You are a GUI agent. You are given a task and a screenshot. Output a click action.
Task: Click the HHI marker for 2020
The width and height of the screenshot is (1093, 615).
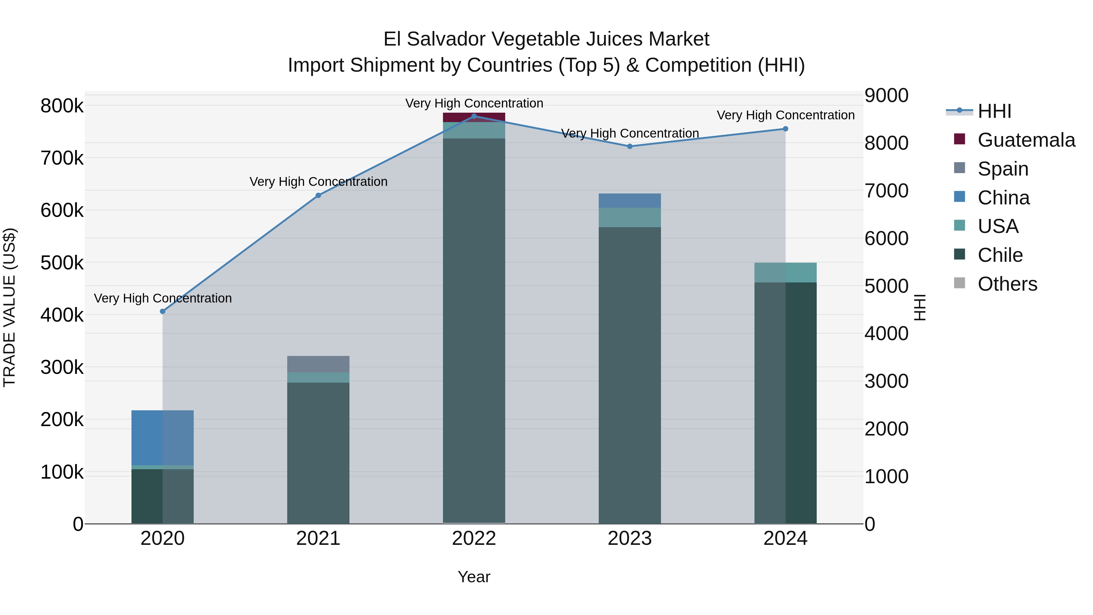[x=162, y=312]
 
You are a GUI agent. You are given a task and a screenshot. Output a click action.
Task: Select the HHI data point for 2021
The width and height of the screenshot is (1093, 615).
[x=318, y=195]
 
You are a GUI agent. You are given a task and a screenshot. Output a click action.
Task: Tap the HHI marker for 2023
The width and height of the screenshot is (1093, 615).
[x=630, y=146]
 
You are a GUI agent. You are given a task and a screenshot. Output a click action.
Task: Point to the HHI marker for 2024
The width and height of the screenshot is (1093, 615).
[x=785, y=129]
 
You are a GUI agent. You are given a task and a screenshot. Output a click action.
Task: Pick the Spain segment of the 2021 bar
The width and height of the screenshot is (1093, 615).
[x=318, y=364]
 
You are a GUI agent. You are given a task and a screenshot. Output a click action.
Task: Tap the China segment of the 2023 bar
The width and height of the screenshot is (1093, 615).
[x=630, y=201]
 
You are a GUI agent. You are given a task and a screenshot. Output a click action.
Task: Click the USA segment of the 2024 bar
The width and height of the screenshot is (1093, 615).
[x=785, y=272]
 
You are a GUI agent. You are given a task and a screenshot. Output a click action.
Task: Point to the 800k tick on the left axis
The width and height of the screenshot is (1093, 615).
[x=62, y=106]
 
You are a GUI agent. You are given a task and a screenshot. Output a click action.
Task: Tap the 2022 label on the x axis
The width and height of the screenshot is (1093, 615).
[x=474, y=538]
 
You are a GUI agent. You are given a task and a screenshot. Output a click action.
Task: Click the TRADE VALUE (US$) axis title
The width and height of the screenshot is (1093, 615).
[x=9, y=307]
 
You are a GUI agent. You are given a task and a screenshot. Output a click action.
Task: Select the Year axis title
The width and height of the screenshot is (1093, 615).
[x=474, y=577]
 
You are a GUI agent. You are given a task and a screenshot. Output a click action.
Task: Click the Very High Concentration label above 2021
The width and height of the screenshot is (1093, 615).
[x=318, y=182]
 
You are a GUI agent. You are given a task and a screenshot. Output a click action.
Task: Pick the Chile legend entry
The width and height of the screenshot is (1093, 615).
[x=1000, y=255]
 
